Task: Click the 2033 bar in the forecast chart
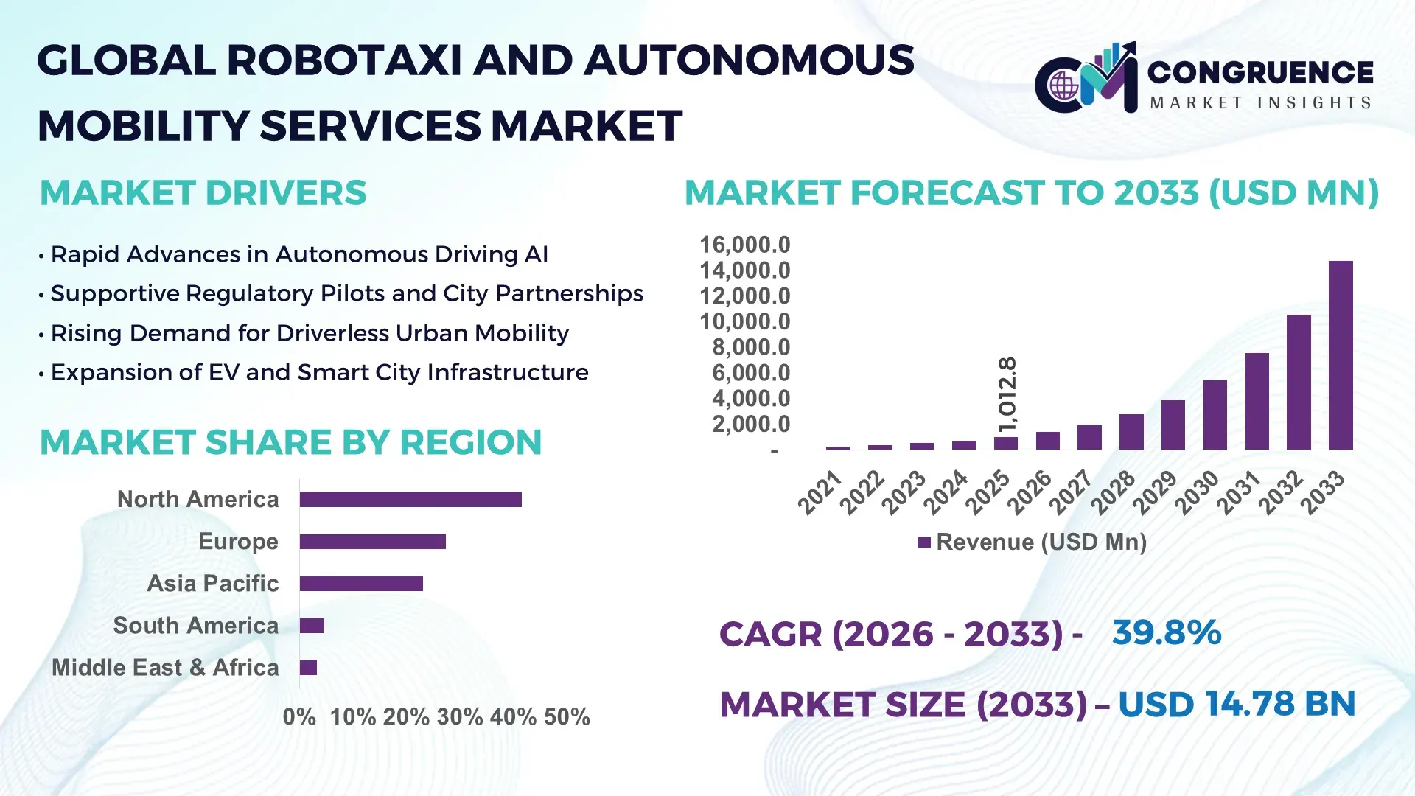pyautogui.click(x=1341, y=355)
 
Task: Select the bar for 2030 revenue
pyautogui.click(x=1215, y=415)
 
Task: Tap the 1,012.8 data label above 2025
pyautogui.click(x=1007, y=395)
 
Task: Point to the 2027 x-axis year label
pyautogui.click(x=1070, y=492)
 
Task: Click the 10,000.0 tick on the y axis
pyautogui.click(x=744, y=321)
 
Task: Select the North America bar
pyautogui.click(x=410, y=500)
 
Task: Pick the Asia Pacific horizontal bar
pyautogui.click(x=361, y=584)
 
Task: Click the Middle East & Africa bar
pyautogui.click(x=308, y=668)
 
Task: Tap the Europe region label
pyautogui.click(x=238, y=542)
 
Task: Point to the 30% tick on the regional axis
pyautogui.click(x=460, y=716)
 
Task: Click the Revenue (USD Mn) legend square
pyautogui.click(x=924, y=542)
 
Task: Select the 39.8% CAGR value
pyautogui.click(x=1166, y=632)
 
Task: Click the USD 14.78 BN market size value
pyautogui.click(x=1236, y=704)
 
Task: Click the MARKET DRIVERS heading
pyautogui.click(x=203, y=193)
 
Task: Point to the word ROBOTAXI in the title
pyautogui.click(x=344, y=60)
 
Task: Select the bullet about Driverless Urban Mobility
pyautogui.click(x=310, y=333)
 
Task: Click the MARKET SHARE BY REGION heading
pyautogui.click(x=290, y=442)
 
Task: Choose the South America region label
pyautogui.click(x=195, y=626)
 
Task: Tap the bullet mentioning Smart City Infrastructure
pyautogui.click(x=319, y=373)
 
